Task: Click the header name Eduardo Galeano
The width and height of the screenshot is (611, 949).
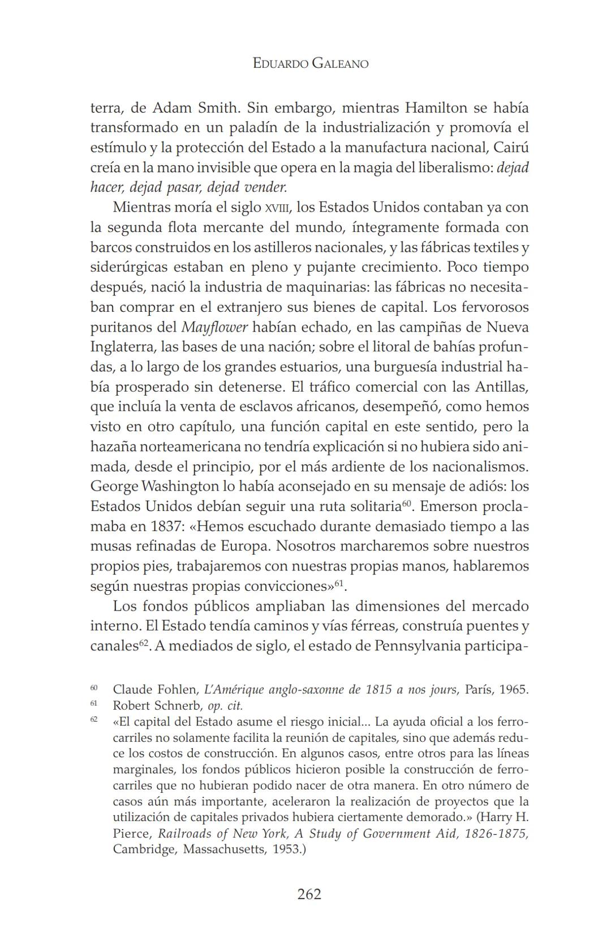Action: (x=310, y=63)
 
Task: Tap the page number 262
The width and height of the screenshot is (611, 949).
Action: (x=309, y=894)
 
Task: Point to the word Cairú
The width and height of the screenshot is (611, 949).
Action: (x=511, y=148)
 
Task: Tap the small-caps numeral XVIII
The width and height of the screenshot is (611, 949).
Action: (x=277, y=208)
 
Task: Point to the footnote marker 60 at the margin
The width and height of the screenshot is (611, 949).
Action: (x=94, y=688)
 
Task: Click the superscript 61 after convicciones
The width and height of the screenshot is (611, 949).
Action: (x=339, y=582)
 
